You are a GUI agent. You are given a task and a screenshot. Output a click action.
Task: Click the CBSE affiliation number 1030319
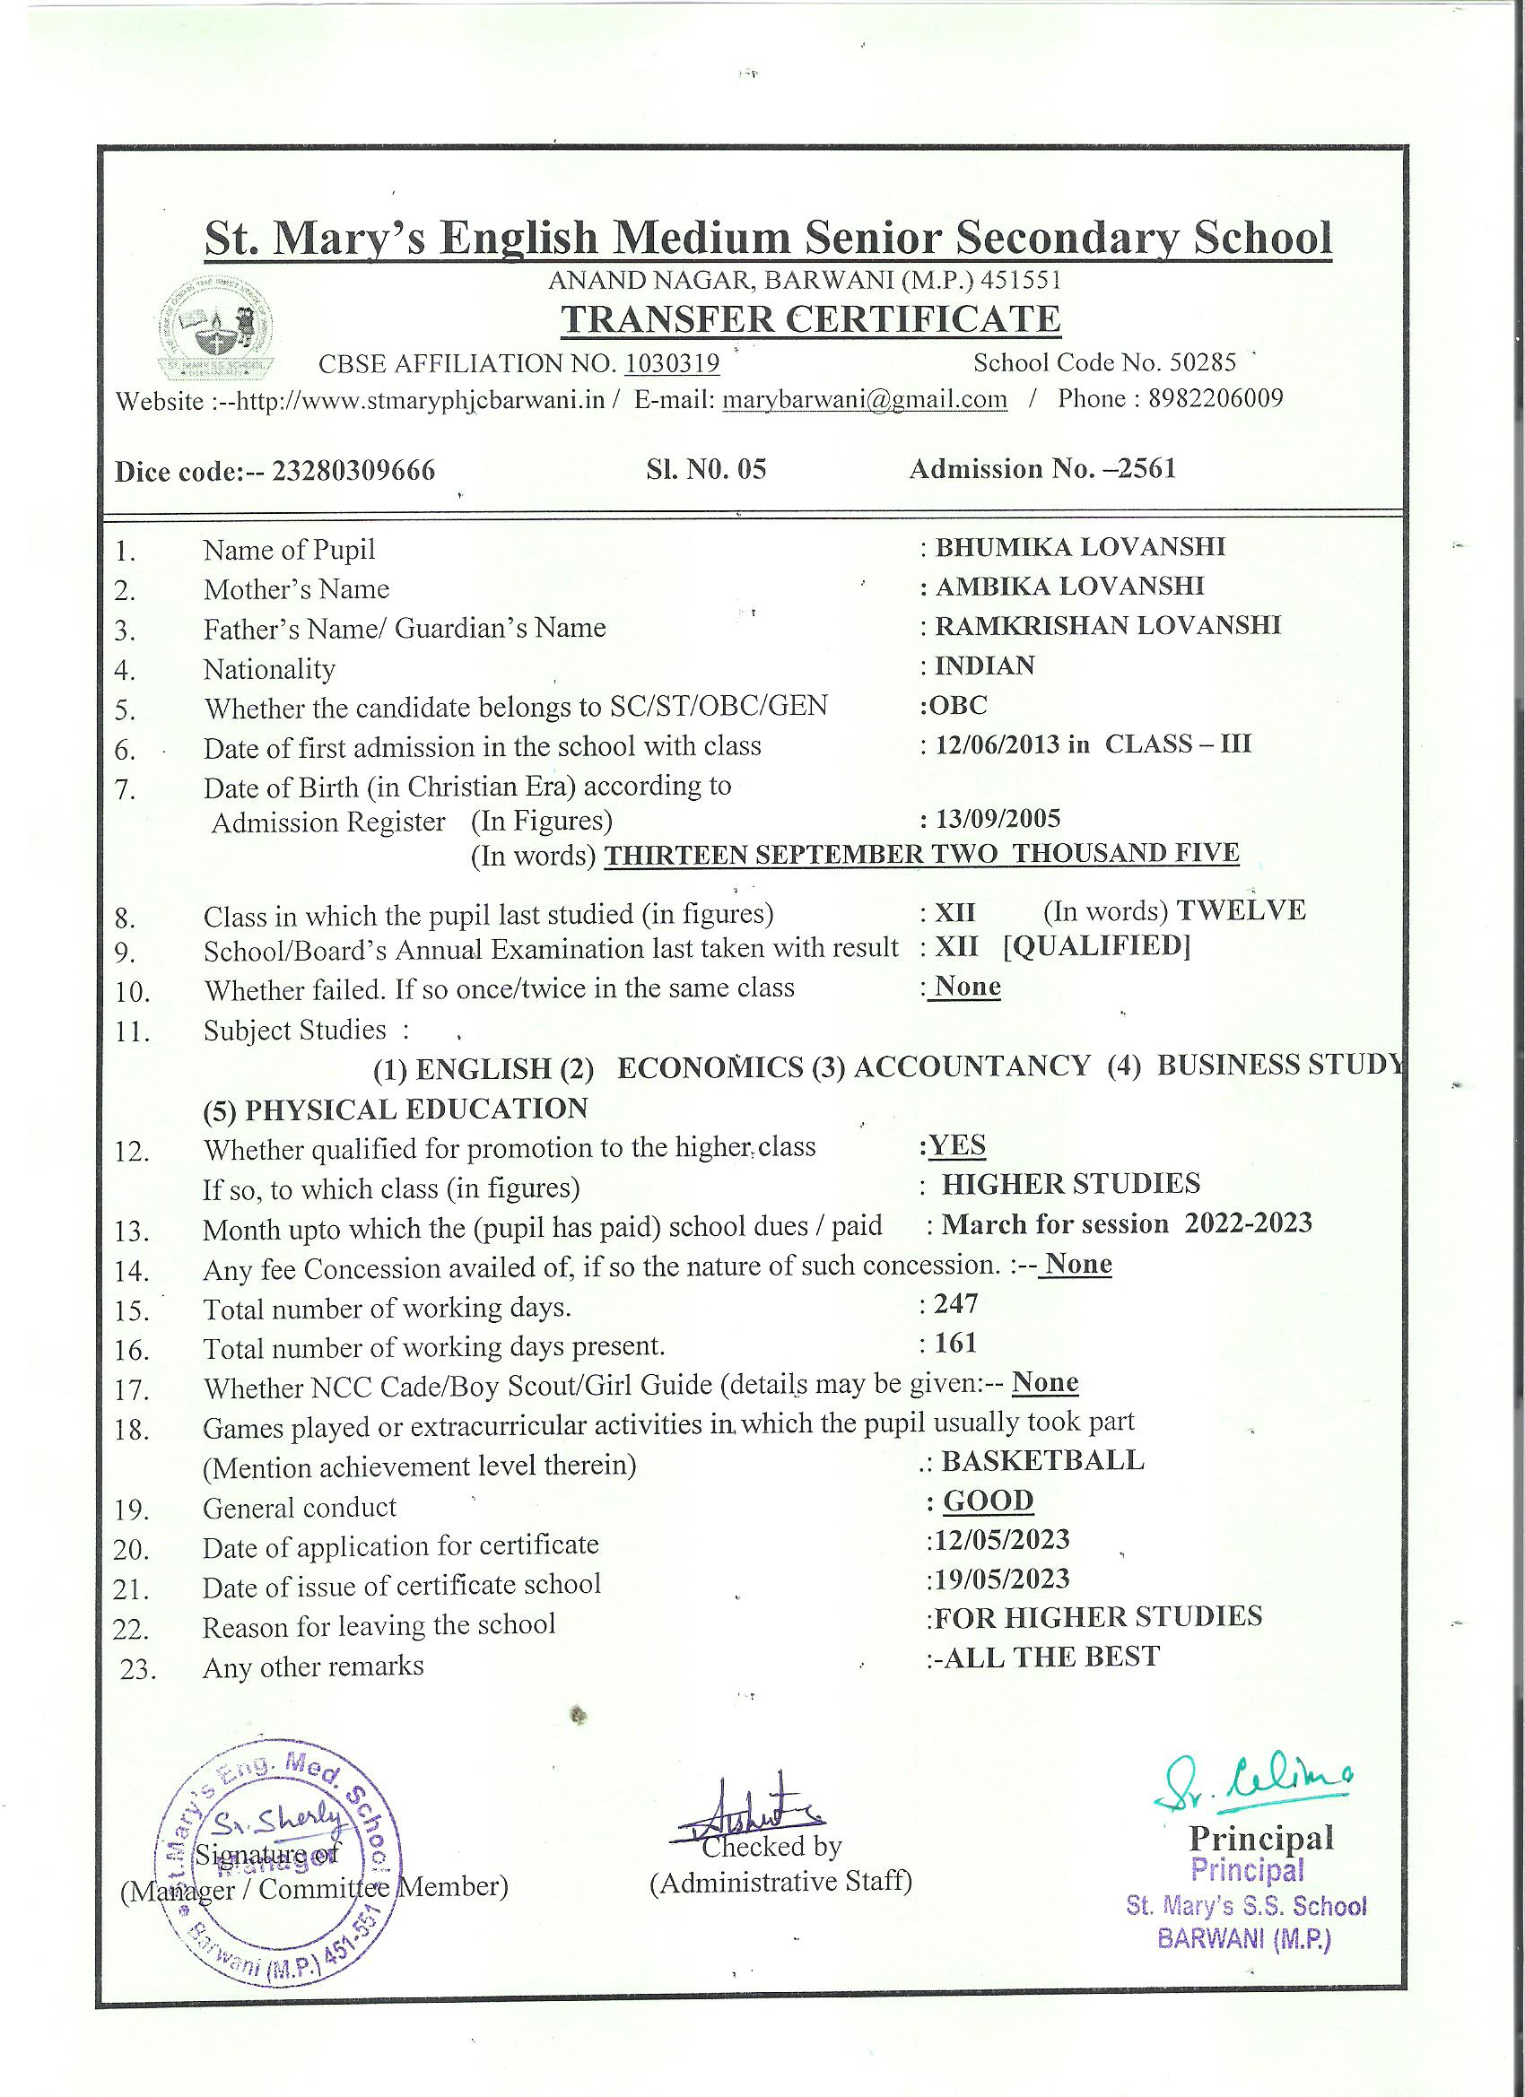click(671, 363)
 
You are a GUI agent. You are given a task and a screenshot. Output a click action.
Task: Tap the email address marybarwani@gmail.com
click(864, 399)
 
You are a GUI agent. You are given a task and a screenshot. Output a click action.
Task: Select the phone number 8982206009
click(1216, 398)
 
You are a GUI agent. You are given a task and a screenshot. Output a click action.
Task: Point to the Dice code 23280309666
click(353, 472)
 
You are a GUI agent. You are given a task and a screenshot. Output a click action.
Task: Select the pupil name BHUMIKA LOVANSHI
click(1080, 546)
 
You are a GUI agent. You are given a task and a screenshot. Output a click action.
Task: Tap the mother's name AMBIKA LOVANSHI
click(1070, 587)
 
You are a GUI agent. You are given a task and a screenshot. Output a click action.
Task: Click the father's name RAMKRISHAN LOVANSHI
click(1108, 626)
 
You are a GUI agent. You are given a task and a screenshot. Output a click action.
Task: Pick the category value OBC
click(958, 706)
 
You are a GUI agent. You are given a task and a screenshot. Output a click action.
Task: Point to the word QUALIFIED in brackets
click(1097, 947)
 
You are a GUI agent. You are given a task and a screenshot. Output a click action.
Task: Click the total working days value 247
click(955, 1304)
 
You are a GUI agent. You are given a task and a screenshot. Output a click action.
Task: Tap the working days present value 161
click(955, 1343)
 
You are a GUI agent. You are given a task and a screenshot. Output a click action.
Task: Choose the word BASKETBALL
click(1042, 1460)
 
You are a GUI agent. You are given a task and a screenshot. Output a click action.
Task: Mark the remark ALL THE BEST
click(1050, 1656)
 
